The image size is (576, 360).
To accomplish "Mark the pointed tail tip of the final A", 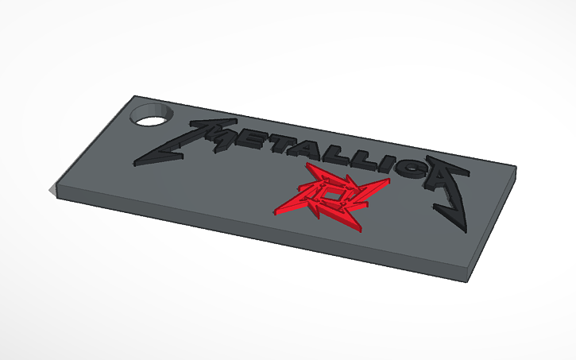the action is pos(466,231).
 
